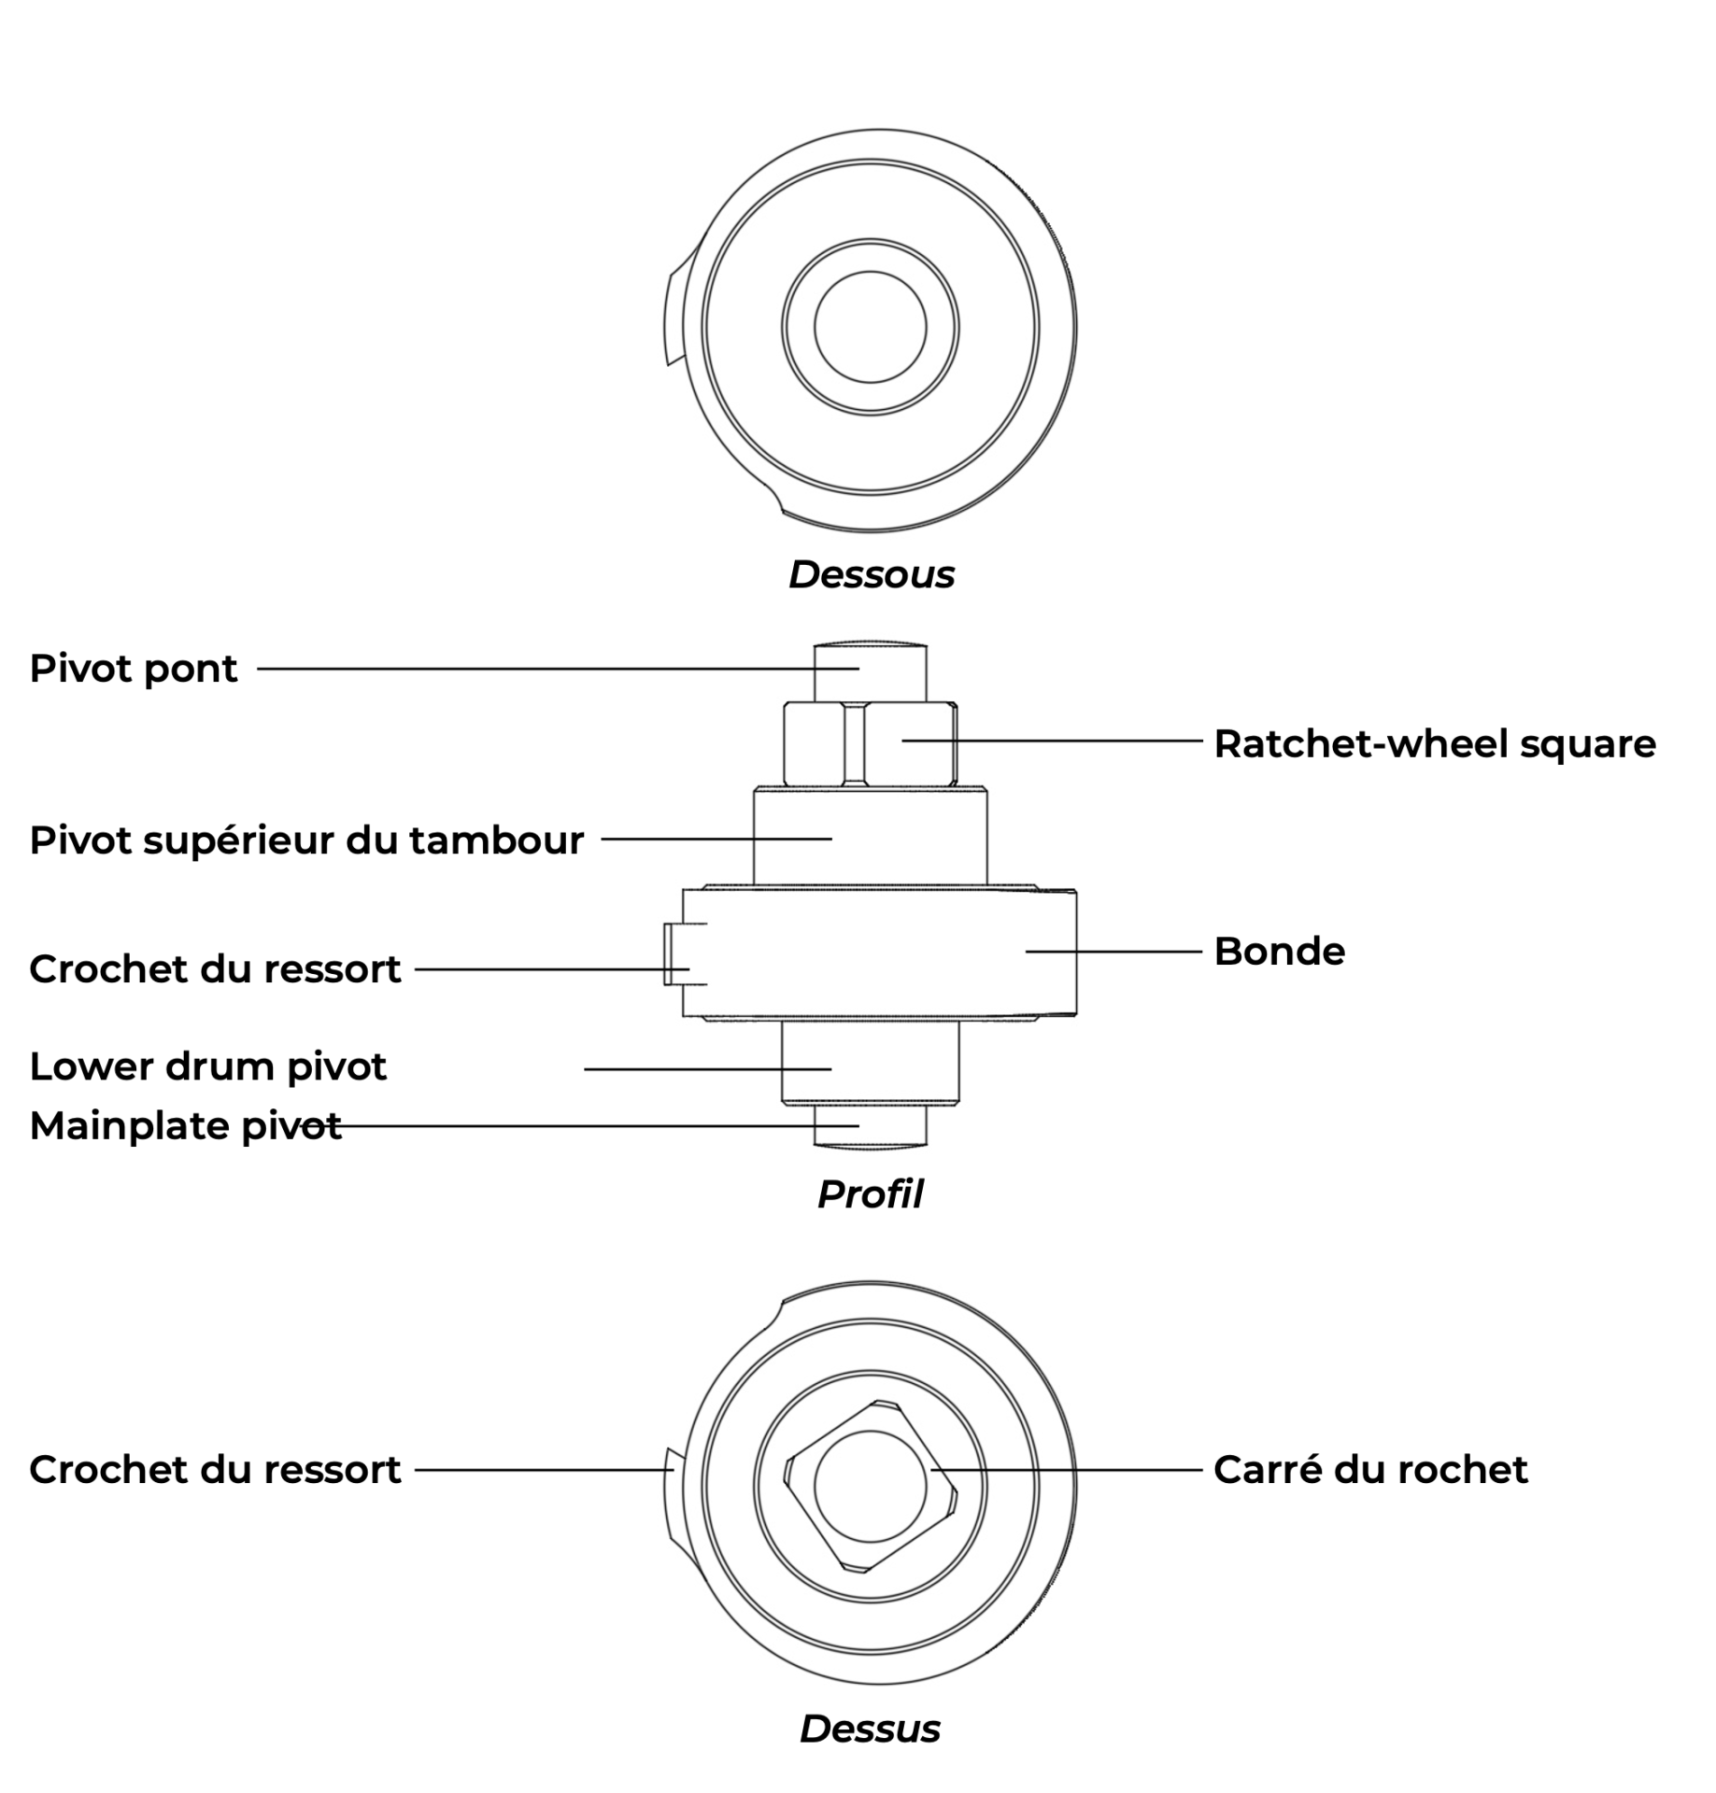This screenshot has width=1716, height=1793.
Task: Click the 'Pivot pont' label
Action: (133, 669)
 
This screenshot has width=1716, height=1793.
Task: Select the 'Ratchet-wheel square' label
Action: (1434, 743)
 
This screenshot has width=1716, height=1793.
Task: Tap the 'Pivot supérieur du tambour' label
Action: (306, 840)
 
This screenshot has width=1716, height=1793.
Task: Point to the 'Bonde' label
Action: (1279, 951)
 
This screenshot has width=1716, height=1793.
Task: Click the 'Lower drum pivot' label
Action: (207, 1066)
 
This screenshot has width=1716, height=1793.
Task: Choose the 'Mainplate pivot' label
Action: (185, 1125)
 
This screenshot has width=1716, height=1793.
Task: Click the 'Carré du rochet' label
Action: (1369, 1469)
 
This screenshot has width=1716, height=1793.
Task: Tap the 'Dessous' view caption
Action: (871, 574)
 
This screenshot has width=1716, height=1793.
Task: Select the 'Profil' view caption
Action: (870, 1193)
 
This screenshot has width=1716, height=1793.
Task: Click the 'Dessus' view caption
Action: (870, 1729)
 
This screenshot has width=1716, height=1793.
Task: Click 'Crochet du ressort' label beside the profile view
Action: (215, 968)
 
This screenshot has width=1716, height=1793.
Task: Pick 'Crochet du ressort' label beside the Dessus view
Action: (215, 1469)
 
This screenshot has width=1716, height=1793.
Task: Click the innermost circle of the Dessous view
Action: (870, 327)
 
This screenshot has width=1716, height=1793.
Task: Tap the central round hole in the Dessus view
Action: (870, 1486)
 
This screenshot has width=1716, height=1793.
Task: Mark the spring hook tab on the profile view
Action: (673, 953)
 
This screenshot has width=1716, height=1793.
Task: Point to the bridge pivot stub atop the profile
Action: (870, 672)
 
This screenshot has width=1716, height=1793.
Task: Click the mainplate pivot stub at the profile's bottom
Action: (870, 1126)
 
